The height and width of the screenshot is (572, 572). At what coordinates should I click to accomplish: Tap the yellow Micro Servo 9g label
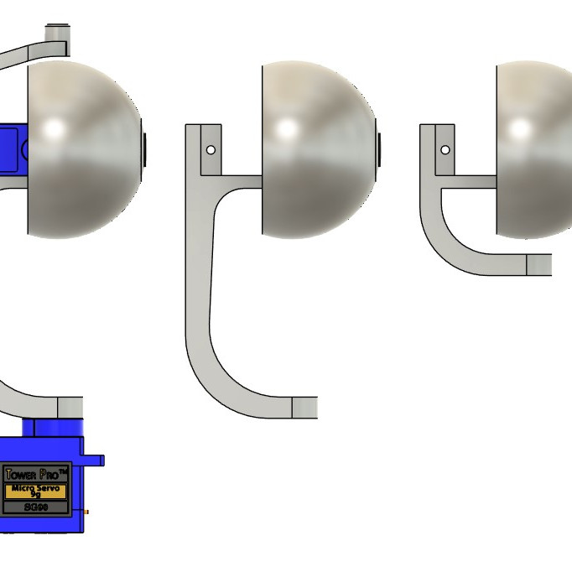pyautogui.click(x=35, y=491)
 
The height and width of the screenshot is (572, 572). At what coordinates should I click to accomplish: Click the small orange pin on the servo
pyautogui.click(x=87, y=512)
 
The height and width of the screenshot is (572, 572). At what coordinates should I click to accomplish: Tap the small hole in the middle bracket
pyautogui.click(x=211, y=150)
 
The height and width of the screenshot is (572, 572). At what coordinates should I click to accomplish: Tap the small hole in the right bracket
pyautogui.click(x=445, y=150)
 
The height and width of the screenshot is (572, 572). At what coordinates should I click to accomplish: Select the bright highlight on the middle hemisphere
pyautogui.click(x=288, y=129)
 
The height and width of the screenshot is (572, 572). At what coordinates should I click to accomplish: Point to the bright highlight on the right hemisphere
pyautogui.click(x=521, y=129)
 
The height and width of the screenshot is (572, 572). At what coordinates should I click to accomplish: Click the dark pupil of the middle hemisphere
pyautogui.click(x=379, y=149)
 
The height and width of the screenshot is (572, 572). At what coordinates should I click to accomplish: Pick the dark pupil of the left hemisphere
pyautogui.click(x=144, y=149)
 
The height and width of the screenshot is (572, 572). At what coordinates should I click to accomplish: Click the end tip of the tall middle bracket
pyautogui.click(x=304, y=408)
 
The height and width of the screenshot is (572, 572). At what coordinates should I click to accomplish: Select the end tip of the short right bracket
pyautogui.click(x=538, y=265)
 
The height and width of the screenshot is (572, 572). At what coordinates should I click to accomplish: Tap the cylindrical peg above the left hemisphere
pyautogui.click(x=57, y=34)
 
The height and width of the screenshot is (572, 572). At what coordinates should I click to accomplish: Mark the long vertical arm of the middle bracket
pyautogui.click(x=198, y=277)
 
